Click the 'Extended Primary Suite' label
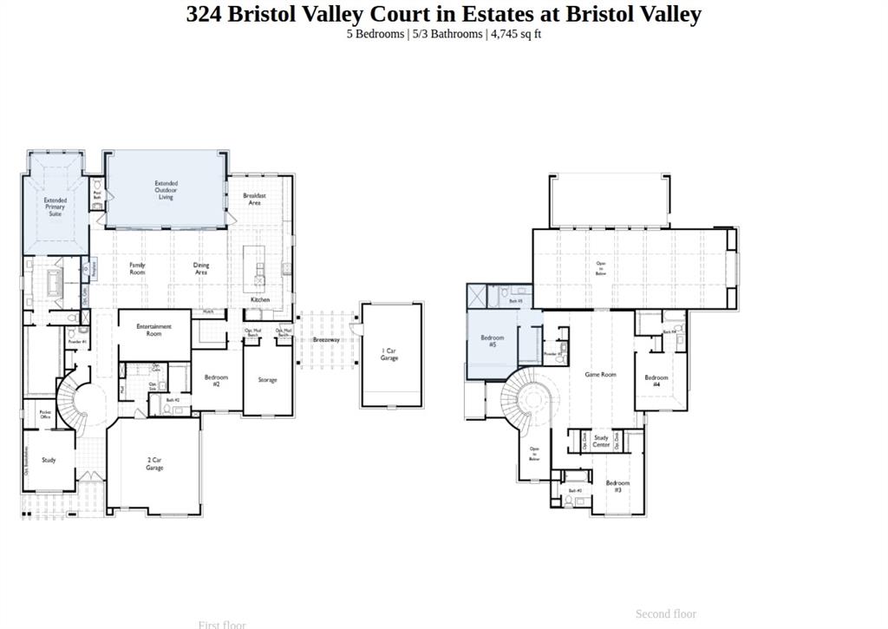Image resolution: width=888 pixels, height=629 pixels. (x=55, y=206)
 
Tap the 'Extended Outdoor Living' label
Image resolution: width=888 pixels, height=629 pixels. (x=166, y=190)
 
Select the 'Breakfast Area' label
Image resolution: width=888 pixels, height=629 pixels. (x=255, y=199)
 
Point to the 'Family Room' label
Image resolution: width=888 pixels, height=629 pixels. (x=137, y=269)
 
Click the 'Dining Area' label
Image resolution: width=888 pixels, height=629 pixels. (x=201, y=269)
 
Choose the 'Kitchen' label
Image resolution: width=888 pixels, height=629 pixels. (x=260, y=299)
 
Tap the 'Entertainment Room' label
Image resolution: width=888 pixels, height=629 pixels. (x=154, y=330)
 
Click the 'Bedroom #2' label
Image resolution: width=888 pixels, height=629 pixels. (x=216, y=380)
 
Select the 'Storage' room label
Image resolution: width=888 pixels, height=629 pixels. (x=267, y=380)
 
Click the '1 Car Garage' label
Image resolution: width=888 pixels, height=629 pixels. (x=389, y=354)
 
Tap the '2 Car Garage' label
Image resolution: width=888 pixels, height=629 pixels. (x=154, y=464)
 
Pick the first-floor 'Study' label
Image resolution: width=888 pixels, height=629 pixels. (x=49, y=460)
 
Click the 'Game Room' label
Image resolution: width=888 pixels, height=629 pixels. (x=600, y=374)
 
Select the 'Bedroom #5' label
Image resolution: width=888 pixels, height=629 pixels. (x=493, y=341)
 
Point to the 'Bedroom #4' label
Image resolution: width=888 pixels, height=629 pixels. (x=656, y=380)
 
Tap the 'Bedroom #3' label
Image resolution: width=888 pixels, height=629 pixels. (x=618, y=486)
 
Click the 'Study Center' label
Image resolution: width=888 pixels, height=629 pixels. (x=601, y=441)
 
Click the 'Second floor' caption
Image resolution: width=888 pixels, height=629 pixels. (x=666, y=613)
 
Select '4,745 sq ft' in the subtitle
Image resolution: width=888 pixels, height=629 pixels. (x=516, y=34)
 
